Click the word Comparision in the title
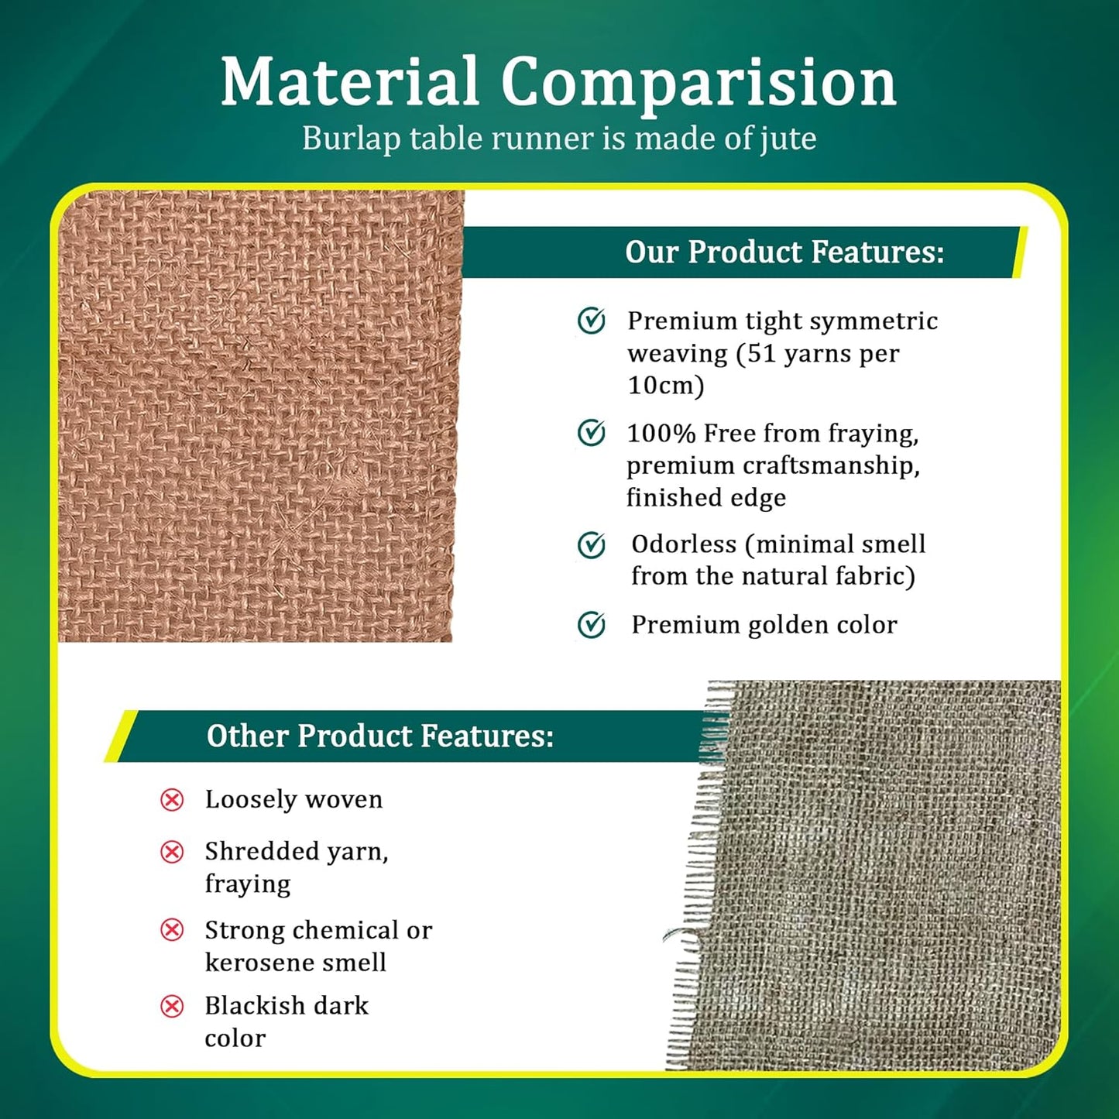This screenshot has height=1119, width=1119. [x=698, y=84]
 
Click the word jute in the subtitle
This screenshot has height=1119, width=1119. [x=788, y=139]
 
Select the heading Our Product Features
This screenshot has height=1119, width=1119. [x=784, y=252]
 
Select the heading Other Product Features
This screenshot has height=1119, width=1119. [x=380, y=736]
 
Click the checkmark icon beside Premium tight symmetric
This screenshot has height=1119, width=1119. [x=592, y=321]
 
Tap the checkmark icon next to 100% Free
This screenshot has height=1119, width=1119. [x=592, y=433]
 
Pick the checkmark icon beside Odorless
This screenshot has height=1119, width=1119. [x=592, y=545]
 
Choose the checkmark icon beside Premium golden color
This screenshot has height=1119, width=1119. [x=592, y=625]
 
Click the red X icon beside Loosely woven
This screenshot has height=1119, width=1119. [x=172, y=800]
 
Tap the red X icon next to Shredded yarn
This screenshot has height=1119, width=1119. [x=172, y=852]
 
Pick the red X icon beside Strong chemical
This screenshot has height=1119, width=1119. [x=172, y=930]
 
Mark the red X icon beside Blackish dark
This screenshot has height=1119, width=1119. [x=172, y=1006]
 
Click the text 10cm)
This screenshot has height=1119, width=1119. [x=665, y=386]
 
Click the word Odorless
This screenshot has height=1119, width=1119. [x=684, y=544]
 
